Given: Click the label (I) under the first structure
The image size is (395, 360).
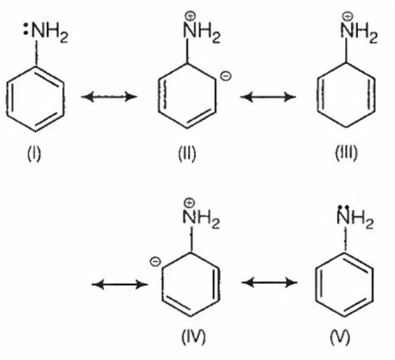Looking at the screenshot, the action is click(x=34, y=154).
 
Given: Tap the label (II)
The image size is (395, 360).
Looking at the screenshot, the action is click(x=187, y=154).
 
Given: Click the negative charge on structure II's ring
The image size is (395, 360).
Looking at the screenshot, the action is click(x=226, y=76).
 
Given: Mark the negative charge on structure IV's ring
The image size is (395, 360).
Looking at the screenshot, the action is click(x=155, y=261).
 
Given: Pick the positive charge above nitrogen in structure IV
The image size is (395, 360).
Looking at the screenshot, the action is click(x=189, y=202).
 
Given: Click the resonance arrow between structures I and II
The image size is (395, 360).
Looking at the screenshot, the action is click(x=109, y=96).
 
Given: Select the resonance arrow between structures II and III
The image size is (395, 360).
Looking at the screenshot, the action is click(x=268, y=96).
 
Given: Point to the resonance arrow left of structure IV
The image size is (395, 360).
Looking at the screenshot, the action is click(x=119, y=284).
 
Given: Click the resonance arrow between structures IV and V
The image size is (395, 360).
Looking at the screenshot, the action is click(x=269, y=283).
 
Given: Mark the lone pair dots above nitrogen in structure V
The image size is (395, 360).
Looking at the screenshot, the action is click(x=343, y=208).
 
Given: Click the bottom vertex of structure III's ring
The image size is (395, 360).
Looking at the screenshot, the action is click(x=346, y=127).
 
